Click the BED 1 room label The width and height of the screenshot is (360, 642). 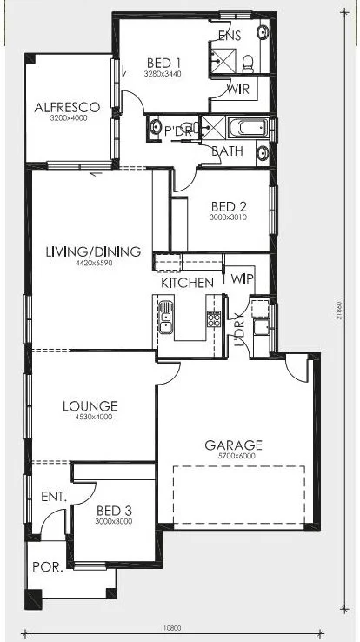pos(163,63)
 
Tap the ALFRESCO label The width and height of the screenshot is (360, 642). pos(67,107)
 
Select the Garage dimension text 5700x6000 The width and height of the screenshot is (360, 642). pos(234,456)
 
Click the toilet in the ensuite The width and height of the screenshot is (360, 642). pos(248,64)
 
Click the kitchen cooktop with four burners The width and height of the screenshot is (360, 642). pos(214,319)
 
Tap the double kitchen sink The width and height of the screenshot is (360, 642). pos(165,318)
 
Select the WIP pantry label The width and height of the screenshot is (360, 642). pos(243,278)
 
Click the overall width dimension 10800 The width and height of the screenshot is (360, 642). pos(172,628)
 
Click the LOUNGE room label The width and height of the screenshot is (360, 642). pos(90,406)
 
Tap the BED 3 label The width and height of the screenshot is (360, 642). pos(114,511)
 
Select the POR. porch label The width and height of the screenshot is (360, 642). pos(48,567)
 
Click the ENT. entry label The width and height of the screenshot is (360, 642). pos(54,497)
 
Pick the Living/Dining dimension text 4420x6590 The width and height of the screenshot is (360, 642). pos(94,264)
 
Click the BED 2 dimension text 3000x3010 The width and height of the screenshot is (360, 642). pos(228,217)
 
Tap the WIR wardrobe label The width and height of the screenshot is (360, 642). pos(238,89)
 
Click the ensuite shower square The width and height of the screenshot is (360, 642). pos(223,61)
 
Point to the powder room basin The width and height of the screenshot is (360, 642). pos(155,127)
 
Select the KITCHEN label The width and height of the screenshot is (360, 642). pos(187,283)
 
